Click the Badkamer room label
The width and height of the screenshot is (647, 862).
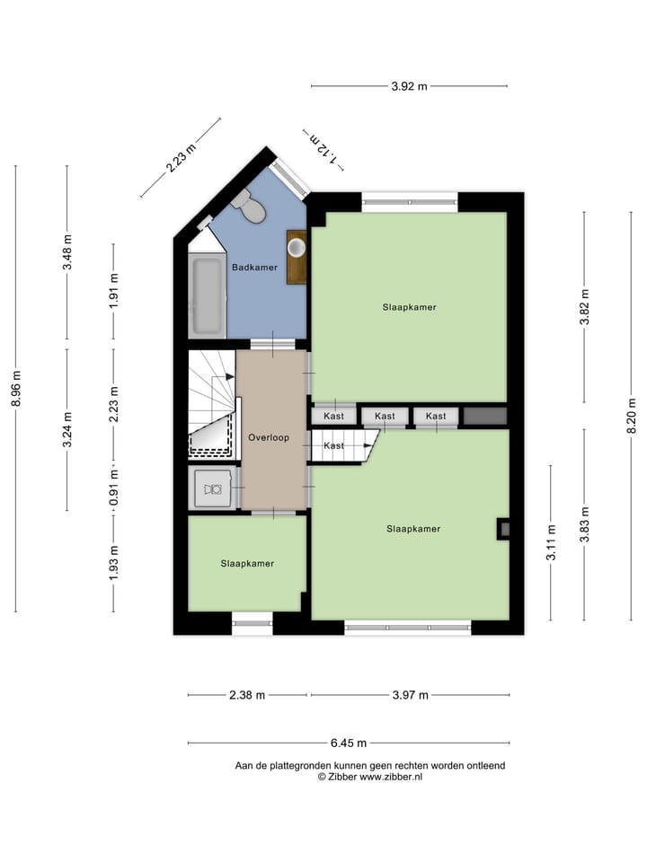(254, 268)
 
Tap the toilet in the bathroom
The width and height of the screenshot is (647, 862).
(249, 207)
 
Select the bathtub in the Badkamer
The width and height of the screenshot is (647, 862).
(207, 296)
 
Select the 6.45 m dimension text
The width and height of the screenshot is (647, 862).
(349, 743)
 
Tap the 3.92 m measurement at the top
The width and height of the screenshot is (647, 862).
(409, 86)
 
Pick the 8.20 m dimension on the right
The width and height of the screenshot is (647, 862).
(632, 417)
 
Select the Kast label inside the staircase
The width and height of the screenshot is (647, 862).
(333, 445)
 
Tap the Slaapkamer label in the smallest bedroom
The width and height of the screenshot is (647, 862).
(247, 563)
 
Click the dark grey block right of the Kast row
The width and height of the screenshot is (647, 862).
(485, 416)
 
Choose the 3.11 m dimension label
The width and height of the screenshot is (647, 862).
(551, 542)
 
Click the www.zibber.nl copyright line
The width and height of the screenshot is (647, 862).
(369, 777)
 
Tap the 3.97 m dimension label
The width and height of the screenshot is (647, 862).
(410, 694)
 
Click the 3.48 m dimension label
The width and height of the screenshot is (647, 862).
(67, 253)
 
